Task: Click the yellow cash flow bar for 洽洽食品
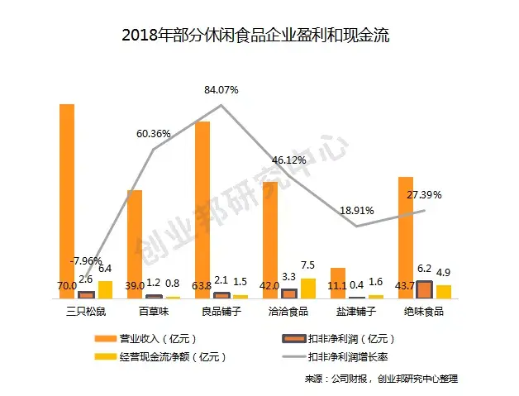[308, 288]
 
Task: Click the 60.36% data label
[155, 133]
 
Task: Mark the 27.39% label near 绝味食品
[425, 194]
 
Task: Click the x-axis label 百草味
[155, 312]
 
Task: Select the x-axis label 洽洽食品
[289, 312]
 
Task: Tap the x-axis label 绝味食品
[424, 312]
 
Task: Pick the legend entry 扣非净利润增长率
[347, 357]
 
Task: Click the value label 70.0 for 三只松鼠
[67, 286]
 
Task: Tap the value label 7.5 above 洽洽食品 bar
[308, 265]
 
